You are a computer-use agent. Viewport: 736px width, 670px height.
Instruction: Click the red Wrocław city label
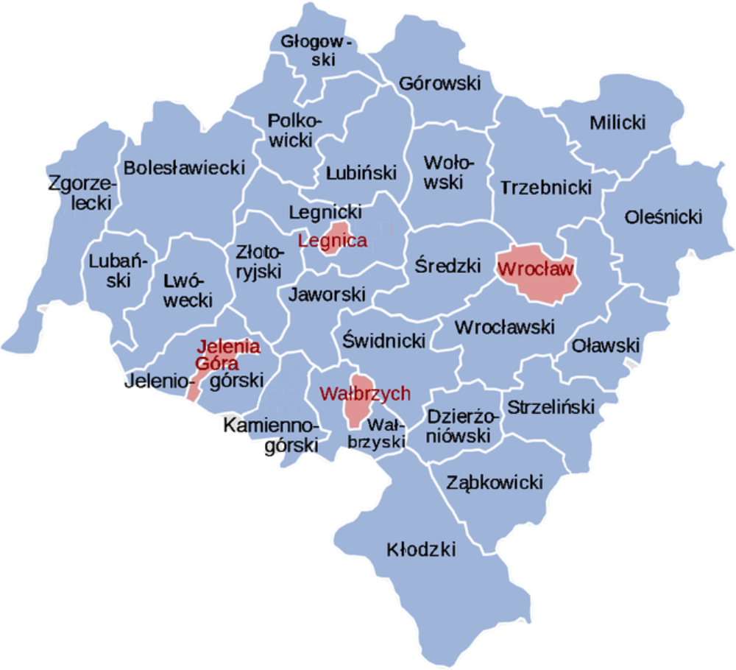535,269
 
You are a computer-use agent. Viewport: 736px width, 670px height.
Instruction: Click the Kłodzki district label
421,549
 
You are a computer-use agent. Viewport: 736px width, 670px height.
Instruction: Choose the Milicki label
617,122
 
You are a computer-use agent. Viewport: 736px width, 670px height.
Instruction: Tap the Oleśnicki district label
663,217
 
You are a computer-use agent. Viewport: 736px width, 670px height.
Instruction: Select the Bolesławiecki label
184,168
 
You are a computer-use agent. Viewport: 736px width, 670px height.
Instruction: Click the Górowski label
439,82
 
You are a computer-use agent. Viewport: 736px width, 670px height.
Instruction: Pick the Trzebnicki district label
546,187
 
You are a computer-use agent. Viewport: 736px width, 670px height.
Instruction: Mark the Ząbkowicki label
495,482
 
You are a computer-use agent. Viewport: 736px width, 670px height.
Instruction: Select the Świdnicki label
385,339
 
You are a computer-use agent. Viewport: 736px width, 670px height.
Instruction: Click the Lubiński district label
361,173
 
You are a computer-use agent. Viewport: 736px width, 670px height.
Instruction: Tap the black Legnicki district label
325,212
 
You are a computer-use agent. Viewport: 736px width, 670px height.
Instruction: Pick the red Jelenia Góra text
219,354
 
